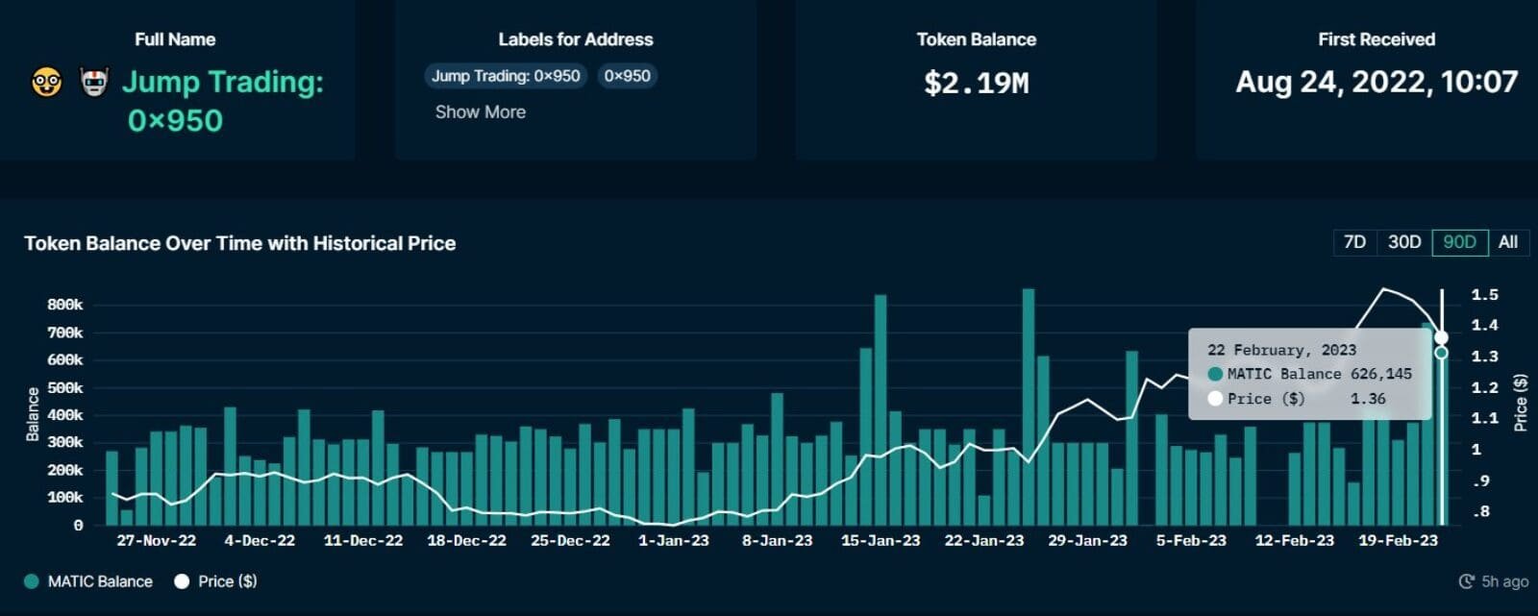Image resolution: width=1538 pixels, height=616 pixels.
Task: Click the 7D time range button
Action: [x=1354, y=242]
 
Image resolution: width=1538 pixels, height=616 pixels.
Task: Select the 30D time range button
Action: [x=1404, y=242]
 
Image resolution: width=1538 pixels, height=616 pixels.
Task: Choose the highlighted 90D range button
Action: [x=1459, y=242]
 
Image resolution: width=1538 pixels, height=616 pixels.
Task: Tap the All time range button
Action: [x=1508, y=242]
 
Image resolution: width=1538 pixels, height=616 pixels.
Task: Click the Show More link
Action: [x=480, y=111]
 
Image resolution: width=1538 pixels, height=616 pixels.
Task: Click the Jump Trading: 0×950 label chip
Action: [x=506, y=76]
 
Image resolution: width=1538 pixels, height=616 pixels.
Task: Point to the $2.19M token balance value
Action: [x=976, y=83]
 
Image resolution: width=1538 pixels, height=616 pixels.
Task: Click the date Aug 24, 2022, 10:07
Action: [x=1376, y=82]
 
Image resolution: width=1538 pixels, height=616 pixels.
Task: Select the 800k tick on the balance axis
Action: [x=64, y=305]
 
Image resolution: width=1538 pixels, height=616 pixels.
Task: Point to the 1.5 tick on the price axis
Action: [x=1484, y=295]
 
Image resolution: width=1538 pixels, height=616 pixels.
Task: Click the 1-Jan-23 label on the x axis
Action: [x=673, y=540]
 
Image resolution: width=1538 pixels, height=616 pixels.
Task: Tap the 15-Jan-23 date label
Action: [x=881, y=540]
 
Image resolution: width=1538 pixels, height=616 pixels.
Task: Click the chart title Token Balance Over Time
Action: [x=239, y=243]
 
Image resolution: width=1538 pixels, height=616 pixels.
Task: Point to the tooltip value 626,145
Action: [x=1380, y=374]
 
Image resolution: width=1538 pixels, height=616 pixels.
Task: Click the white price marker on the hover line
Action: [x=1441, y=337]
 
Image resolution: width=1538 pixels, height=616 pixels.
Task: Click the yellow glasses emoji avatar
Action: [x=46, y=83]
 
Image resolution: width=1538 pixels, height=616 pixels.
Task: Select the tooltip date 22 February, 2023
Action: [x=1281, y=350]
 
